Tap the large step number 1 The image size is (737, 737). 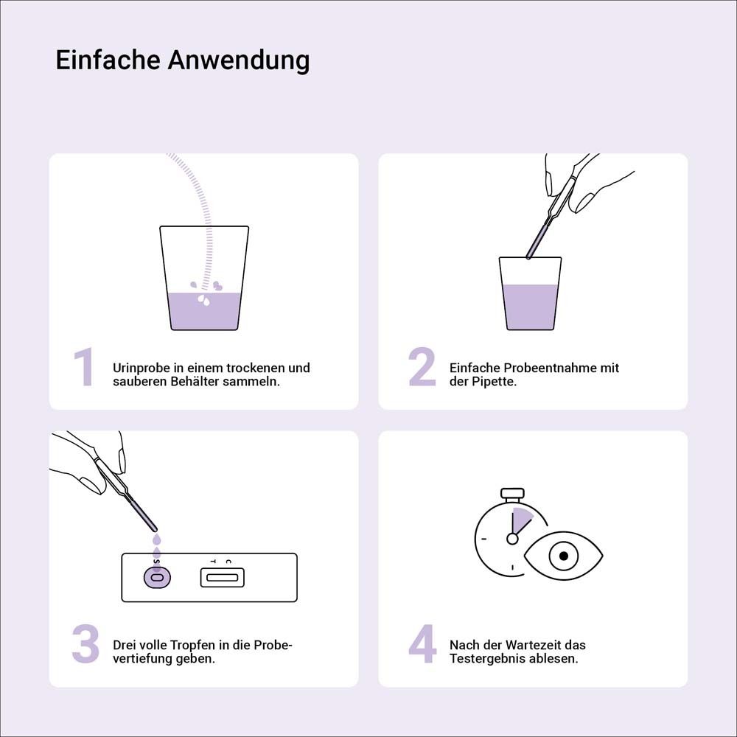pos(84,368)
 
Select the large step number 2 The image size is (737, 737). pos(422,368)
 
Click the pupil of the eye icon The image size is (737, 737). pos(564,556)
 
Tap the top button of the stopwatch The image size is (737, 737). pos(512,492)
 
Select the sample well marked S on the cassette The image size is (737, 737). pos(156,578)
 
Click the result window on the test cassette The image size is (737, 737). pos(222,578)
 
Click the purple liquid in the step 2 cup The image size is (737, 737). pos(530,308)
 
